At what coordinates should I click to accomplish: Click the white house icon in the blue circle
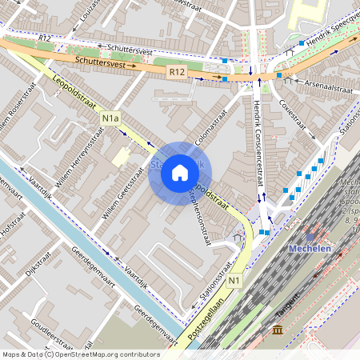click(180, 173)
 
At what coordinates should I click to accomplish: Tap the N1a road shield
click(110, 119)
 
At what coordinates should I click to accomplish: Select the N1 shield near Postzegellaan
click(234, 281)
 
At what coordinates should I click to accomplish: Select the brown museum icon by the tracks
click(277, 330)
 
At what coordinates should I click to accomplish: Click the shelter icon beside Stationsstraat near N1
click(238, 237)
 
